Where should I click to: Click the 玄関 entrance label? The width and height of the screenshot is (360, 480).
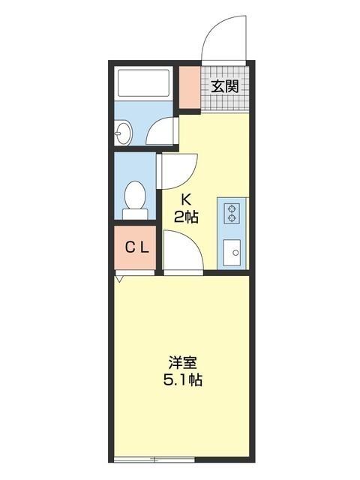coord(225,86)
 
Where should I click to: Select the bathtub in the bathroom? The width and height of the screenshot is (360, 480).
coord(145,85)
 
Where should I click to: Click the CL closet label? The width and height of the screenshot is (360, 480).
coord(136,247)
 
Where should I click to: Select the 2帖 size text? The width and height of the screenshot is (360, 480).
coord(187,217)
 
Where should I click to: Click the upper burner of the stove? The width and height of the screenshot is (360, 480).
coord(232,207)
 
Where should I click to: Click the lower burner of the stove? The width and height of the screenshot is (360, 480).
coord(232,218)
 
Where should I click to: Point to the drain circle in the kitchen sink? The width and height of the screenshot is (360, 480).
coord(235,253)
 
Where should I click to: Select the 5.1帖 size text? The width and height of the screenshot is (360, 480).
coord(183,379)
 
